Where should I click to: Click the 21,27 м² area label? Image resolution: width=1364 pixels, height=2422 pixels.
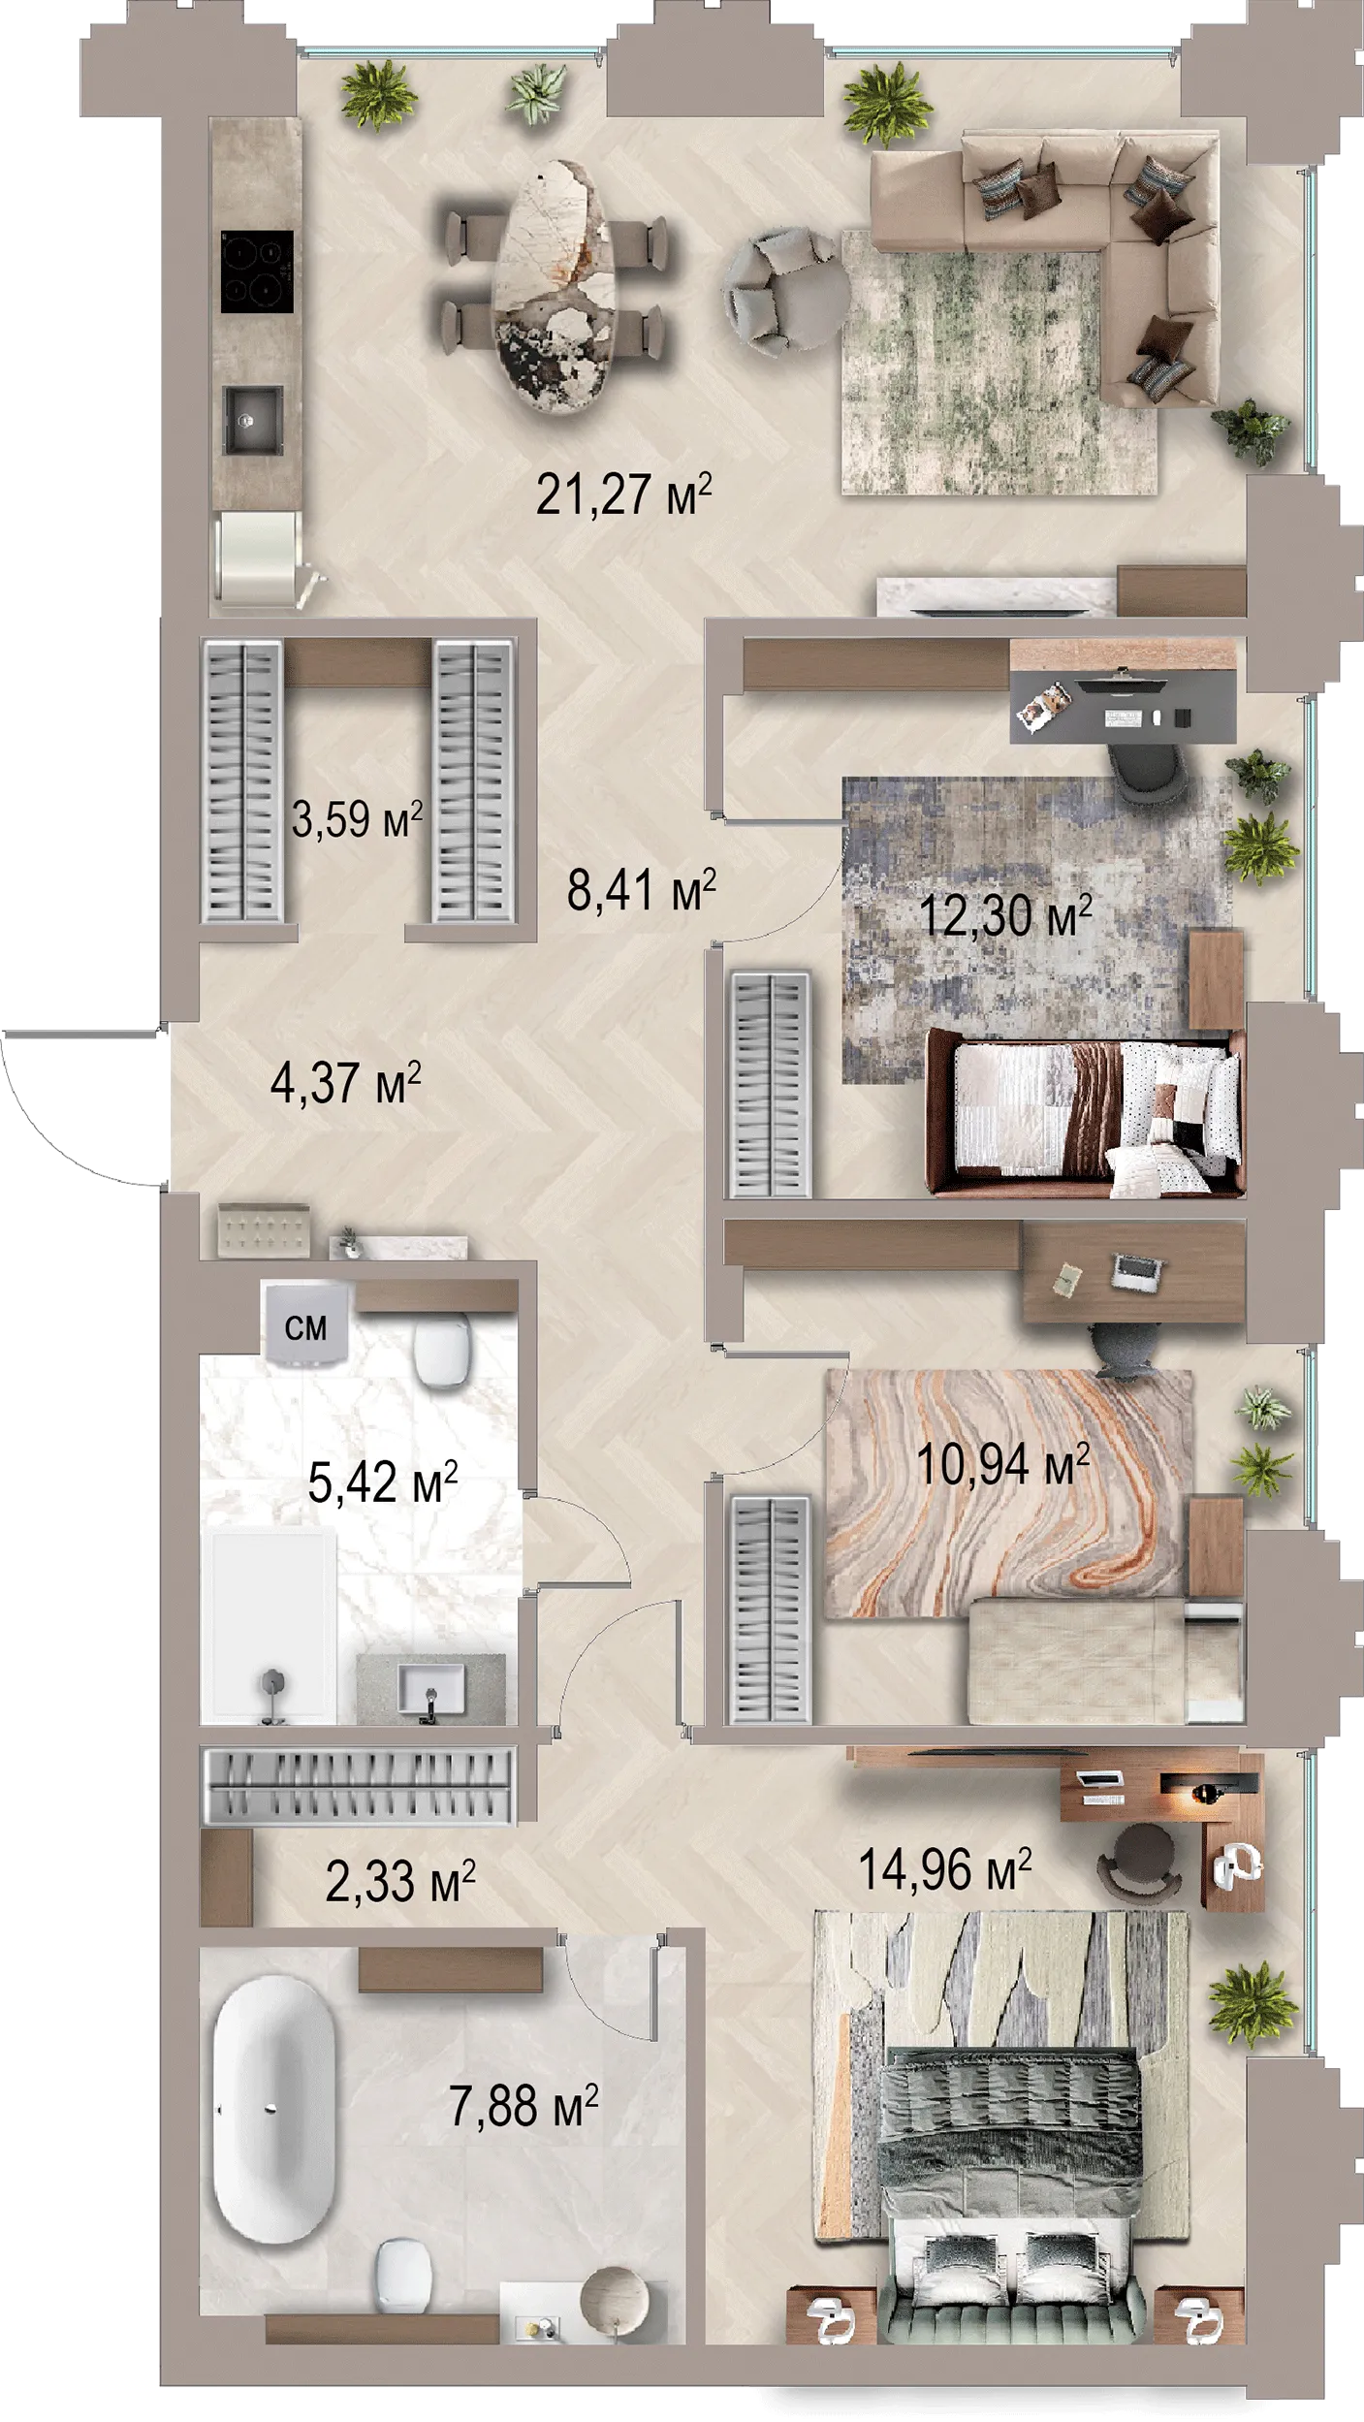[623, 494]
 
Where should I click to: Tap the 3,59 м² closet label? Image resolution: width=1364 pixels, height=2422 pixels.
[357, 819]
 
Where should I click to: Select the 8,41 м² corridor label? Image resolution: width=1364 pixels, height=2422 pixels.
[641, 889]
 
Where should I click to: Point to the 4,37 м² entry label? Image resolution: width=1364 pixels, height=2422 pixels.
[345, 1082]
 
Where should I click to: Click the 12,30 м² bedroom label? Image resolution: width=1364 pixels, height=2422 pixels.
[1005, 915]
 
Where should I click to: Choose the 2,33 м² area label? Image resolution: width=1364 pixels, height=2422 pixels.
[399, 1881]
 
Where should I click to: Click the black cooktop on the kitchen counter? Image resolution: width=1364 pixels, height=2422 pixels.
[257, 271]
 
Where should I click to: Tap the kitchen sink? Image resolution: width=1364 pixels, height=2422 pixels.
[253, 420]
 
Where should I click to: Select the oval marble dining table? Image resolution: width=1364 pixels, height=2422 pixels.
[555, 286]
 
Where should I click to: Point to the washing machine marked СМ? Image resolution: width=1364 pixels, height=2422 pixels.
[305, 1323]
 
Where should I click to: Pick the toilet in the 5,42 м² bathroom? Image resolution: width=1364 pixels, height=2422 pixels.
[443, 1348]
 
